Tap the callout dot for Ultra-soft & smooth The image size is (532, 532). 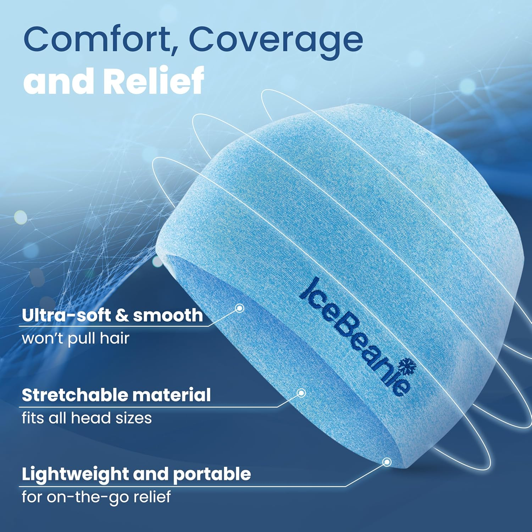tap(240, 308)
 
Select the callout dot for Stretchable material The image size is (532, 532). tap(301, 393)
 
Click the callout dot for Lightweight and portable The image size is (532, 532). tap(387, 462)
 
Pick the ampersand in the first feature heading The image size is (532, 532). tap(122, 315)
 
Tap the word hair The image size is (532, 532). tap(114, 338)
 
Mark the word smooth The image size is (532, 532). tap(168, 315)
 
